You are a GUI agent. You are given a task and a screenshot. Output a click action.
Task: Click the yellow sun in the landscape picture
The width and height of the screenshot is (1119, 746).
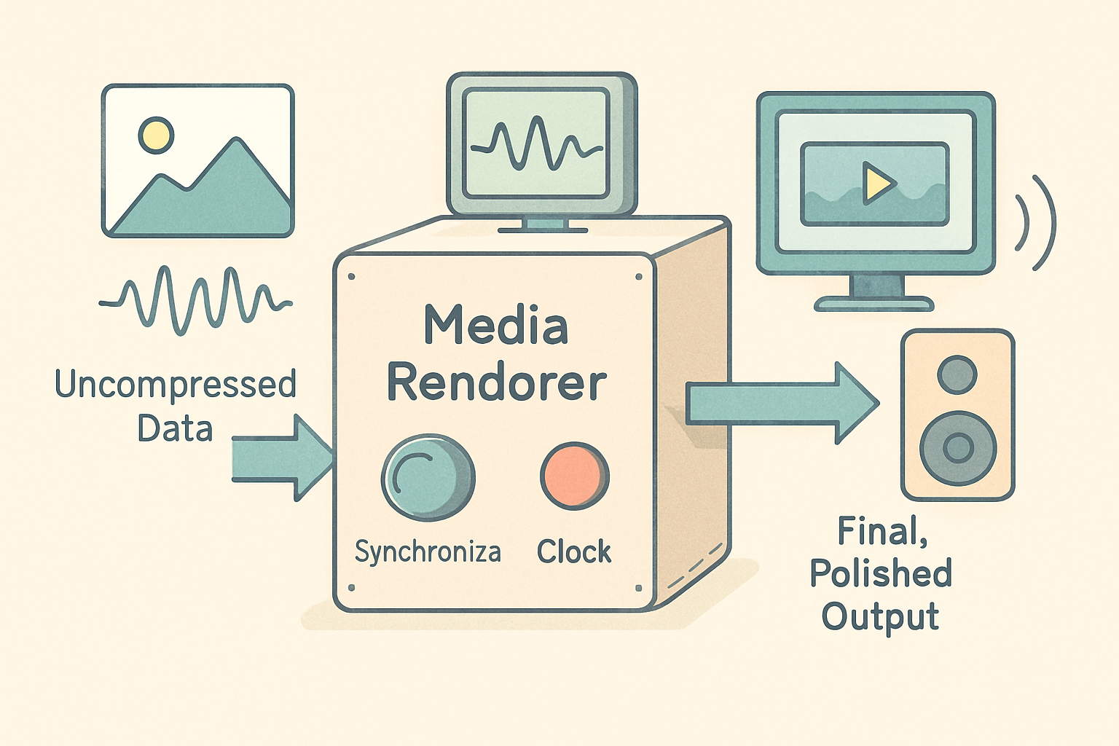coord(156,135)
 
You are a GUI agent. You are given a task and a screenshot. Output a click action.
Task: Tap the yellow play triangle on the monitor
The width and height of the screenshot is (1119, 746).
coord(877,182)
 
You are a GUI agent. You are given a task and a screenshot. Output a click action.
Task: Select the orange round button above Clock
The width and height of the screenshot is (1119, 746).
coord(574,476)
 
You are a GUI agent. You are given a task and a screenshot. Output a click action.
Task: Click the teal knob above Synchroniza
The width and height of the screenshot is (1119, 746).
coord(428,477)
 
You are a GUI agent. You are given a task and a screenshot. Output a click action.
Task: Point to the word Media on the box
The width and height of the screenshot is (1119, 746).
coord(496,326)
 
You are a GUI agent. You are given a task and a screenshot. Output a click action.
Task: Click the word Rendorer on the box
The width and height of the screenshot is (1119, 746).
coord(496,382)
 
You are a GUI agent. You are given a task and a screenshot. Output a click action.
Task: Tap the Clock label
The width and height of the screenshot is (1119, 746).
coord(574,552)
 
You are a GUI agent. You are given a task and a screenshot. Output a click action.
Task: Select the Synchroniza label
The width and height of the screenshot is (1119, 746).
coord(428,552)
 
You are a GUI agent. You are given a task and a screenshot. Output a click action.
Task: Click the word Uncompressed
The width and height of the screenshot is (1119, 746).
coord(176,384)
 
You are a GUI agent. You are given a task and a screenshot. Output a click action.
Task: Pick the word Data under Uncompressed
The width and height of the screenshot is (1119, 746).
coord(175,428)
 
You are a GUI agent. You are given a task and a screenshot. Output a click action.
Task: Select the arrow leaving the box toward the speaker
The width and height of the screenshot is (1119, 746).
coord(780,403)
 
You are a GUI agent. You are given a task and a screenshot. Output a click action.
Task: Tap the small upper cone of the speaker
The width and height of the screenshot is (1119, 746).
coord(957,374)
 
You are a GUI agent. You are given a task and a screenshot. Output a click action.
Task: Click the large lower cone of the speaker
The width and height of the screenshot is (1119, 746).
coord(958,448)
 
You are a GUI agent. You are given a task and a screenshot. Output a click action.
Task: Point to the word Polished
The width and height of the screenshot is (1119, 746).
coord(881,573)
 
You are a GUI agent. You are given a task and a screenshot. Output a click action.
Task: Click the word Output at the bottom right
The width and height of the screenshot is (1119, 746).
coord(880,616)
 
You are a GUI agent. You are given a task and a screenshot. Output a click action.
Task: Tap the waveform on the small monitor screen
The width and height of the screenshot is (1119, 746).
coord(536,144)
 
